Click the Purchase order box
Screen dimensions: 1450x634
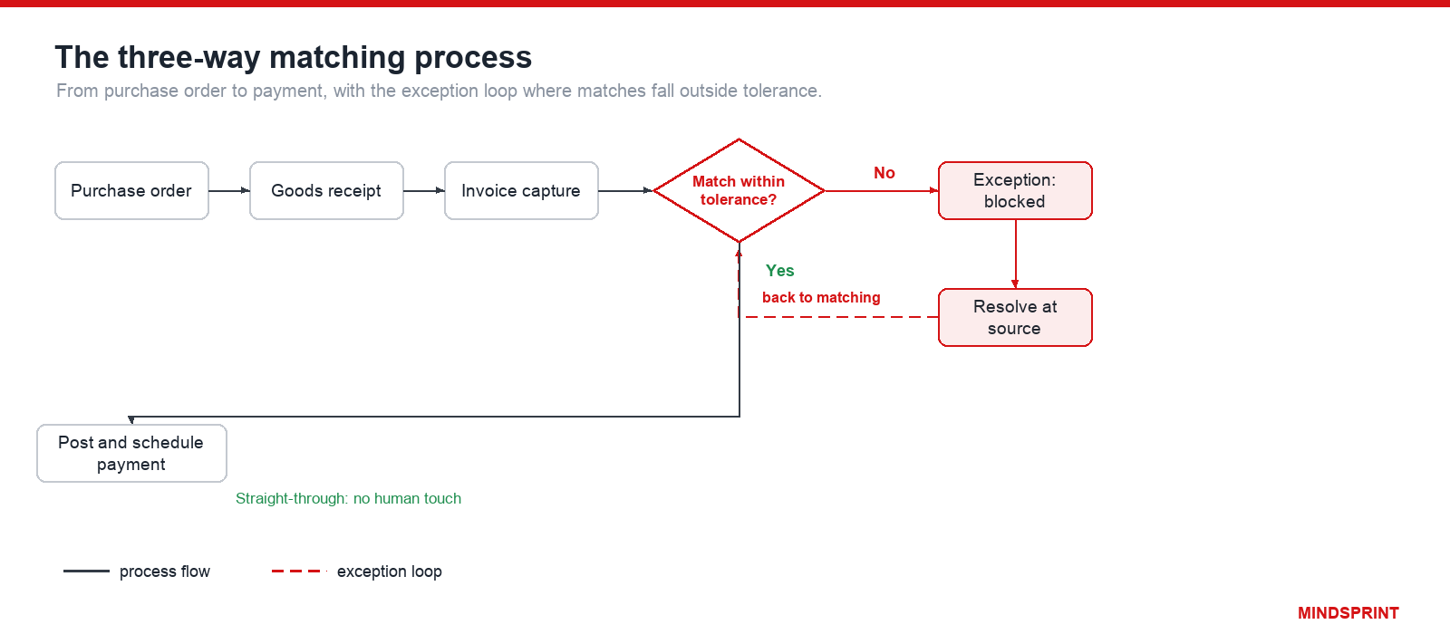click(131, 191)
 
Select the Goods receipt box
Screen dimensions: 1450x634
click(326, 191)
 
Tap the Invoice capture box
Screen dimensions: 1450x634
click(521, 191)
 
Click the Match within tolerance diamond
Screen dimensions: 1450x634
click(739, 191)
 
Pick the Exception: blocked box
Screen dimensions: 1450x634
click(1015, 191)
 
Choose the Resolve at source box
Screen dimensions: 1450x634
click(1015, 318)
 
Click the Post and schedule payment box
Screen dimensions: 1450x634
click(131, 454)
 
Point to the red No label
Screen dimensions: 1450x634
click(884, 173)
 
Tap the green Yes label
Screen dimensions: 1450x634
click(779, 271)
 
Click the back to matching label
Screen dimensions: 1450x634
click(821, 298)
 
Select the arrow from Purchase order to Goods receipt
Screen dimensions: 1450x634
click(229, 191)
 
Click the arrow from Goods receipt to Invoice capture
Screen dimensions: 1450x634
click(424, 191)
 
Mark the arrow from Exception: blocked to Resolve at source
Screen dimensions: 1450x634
click(1015, 255)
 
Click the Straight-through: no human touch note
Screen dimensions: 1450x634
click(348, 499)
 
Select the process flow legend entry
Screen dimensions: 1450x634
click(137, 572)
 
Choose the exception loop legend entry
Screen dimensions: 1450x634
click(357, 572)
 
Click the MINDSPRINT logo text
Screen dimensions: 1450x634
click(1348, 613)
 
